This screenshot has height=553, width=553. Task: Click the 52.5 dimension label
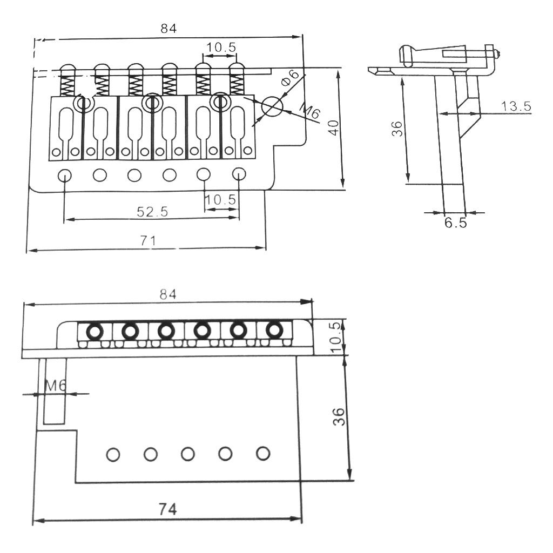point(152,212)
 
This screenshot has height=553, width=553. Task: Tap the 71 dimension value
point(148,240)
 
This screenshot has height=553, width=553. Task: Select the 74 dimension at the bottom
point(167,509)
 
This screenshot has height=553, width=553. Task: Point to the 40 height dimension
point(333,127)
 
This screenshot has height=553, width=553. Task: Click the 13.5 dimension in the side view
point(516,106)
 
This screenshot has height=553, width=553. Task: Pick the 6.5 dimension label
point(455,222)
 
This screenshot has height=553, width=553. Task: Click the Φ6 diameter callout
point(289,78)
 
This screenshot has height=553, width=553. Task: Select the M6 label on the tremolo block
point(56,386)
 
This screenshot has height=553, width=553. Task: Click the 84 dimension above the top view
point(168,28)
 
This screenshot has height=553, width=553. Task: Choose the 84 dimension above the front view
point(168,294)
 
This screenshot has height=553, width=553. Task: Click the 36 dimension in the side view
point(397,129)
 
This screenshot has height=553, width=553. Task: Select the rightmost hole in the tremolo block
point(263,453)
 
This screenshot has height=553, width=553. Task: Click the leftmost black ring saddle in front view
point(95,332)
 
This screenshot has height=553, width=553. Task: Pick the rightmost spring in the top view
point(237,85)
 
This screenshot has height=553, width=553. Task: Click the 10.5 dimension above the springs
point(221,48)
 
